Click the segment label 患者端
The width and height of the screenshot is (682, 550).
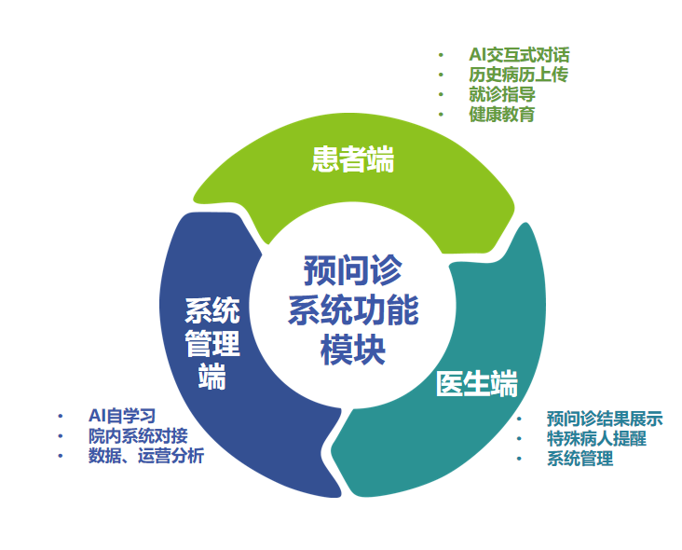point(353,159)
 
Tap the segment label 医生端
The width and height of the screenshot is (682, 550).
point(477,383)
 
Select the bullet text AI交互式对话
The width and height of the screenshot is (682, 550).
point(519,55)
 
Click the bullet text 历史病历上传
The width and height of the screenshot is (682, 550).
point(518,75)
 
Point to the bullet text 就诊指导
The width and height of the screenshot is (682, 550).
point(502,94)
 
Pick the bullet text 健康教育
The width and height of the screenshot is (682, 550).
point(502,115)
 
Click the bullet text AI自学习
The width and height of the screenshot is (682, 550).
point(122,416)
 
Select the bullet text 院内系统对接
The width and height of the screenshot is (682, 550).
point(138,435)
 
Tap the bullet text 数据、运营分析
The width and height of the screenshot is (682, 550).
point(146,456)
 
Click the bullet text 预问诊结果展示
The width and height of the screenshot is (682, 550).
point(605,419)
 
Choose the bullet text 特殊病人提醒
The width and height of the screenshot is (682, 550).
point(596,438)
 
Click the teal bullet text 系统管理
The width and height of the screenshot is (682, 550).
point(580,459)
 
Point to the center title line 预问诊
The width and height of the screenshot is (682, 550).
point(353,270)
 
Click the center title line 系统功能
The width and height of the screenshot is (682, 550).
point(353,309)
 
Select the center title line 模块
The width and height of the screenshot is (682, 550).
point(353,350)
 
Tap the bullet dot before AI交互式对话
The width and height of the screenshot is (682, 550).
point(441,55)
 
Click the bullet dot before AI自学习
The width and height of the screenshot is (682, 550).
point(61,417)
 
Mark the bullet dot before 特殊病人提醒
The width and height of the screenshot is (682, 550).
point(519,439)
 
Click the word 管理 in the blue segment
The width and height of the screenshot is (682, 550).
point(212,343)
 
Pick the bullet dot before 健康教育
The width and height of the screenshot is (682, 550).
point(441,115)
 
